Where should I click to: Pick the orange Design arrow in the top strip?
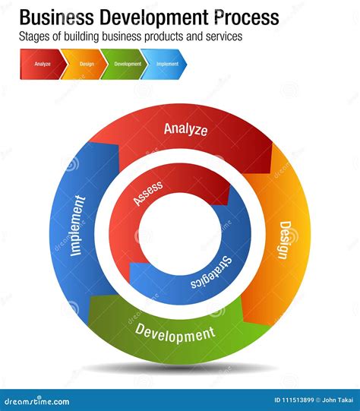pyautogui.click(x=86, y=64)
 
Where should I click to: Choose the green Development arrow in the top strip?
pyautogui.click(x=127, y=64)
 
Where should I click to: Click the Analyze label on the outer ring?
pyautogui.click(x=185, y=129)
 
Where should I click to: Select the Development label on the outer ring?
pyautogui.click(x=175, y=332)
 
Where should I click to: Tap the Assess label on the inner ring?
pyautogui.click(x=148, y=193)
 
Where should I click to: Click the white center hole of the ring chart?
pyautogui.click(x=179, y=232)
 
